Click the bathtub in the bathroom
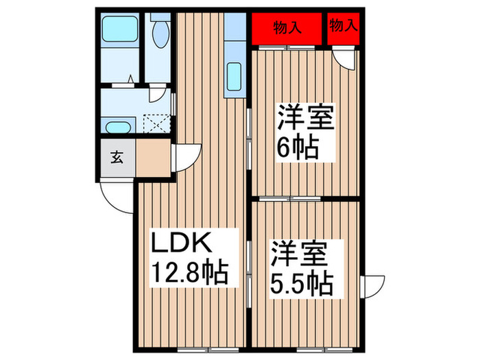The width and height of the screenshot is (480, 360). [117, 31]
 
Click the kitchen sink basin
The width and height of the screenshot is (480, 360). [234, 75]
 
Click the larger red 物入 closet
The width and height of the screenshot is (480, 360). [287, 29]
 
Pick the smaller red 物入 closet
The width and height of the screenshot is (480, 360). [343, 27]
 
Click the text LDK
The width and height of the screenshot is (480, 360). [183, 244]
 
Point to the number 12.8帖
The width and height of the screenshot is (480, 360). [190, 275]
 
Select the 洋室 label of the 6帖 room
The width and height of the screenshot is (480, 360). [305, 117]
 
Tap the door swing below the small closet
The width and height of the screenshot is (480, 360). [349, 60]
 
